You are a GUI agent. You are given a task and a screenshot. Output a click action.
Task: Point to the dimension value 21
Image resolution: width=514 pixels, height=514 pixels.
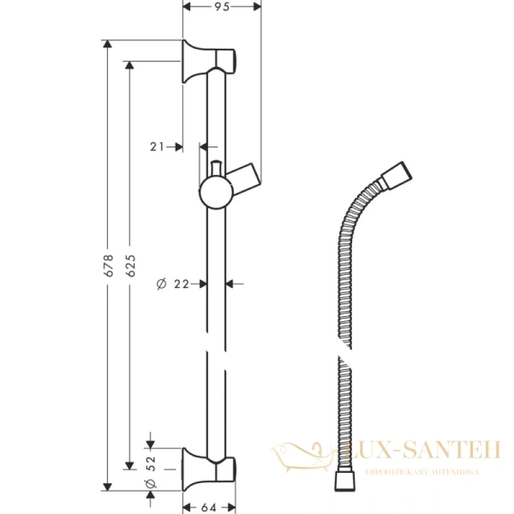click(x=156, y=146)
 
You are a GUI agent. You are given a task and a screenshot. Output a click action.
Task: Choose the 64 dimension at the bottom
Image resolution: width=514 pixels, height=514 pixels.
click(x=209, y=504)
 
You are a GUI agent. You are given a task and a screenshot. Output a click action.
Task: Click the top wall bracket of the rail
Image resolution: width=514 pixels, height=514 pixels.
click(x=209, y=62)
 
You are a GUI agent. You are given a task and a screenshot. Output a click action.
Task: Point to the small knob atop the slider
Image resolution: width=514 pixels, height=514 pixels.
click(x=215, y=167)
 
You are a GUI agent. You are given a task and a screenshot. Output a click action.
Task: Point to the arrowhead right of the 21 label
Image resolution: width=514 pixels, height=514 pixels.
click(x=177, y=146)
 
